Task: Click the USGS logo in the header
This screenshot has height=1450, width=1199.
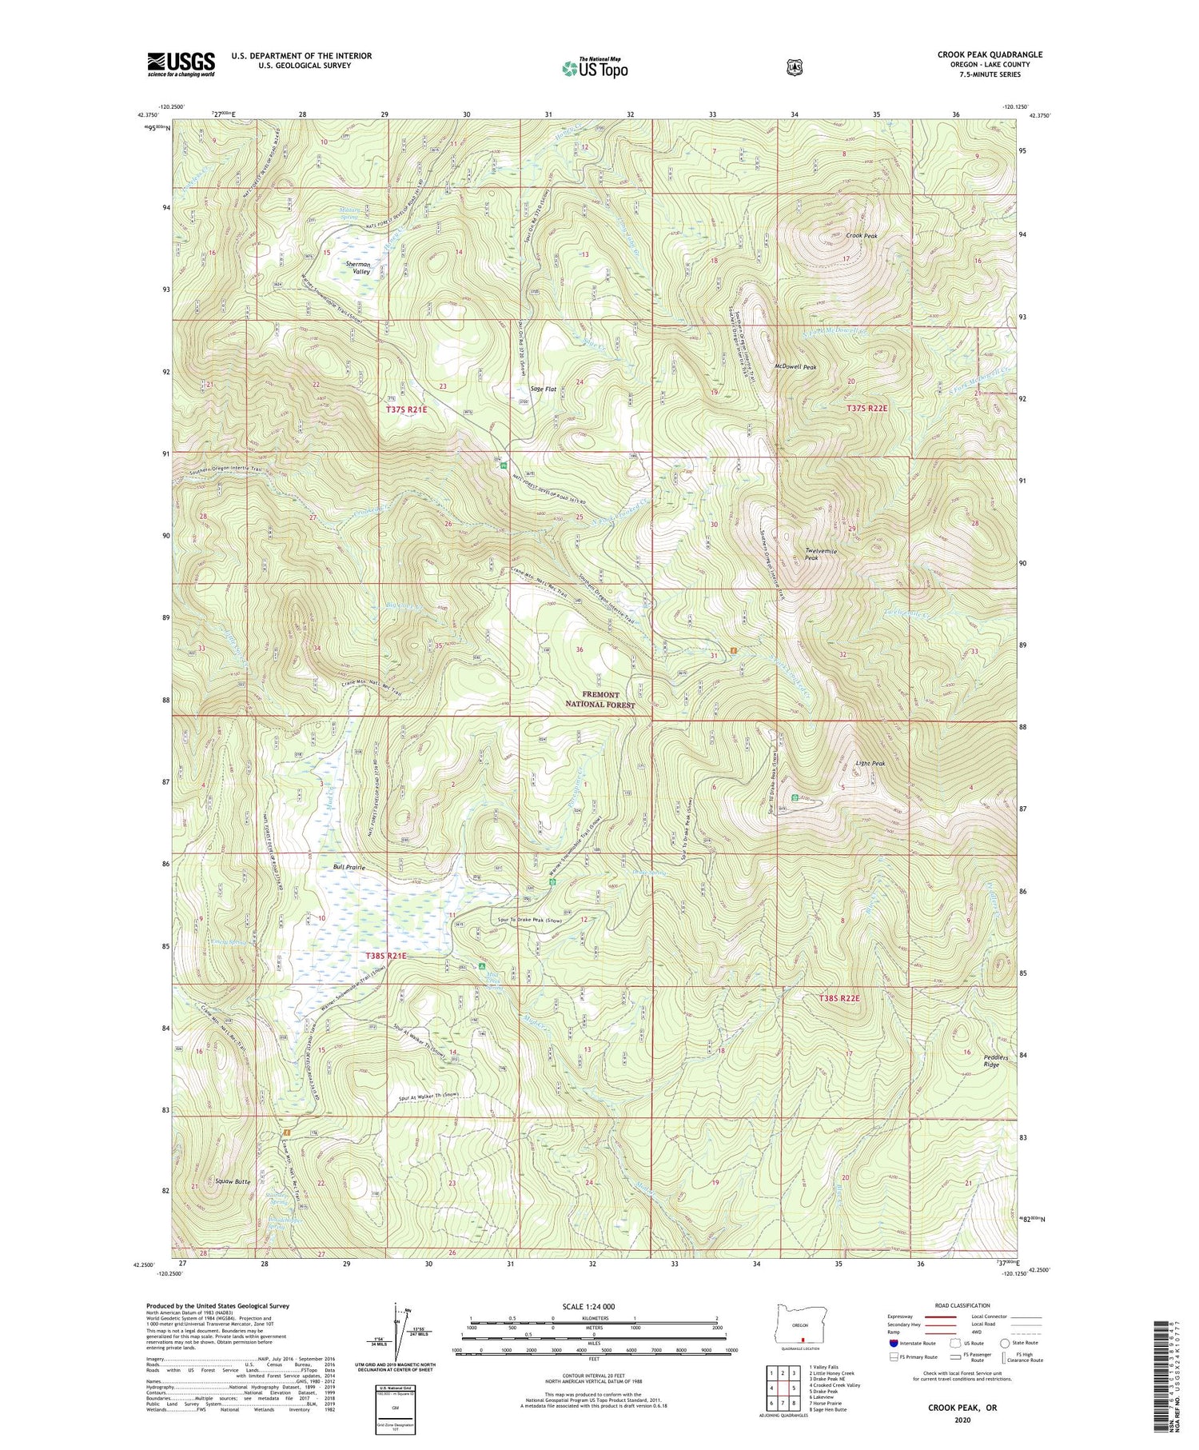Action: click(x=181, y=64)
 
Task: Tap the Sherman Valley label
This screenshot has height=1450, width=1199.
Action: click(x=357, y=268)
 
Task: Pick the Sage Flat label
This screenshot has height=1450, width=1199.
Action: click(x=542, y=389)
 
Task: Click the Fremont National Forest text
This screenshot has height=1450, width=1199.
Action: click(x=599, y=700)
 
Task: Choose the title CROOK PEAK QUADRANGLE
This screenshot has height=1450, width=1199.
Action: click(x=990, y=54)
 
